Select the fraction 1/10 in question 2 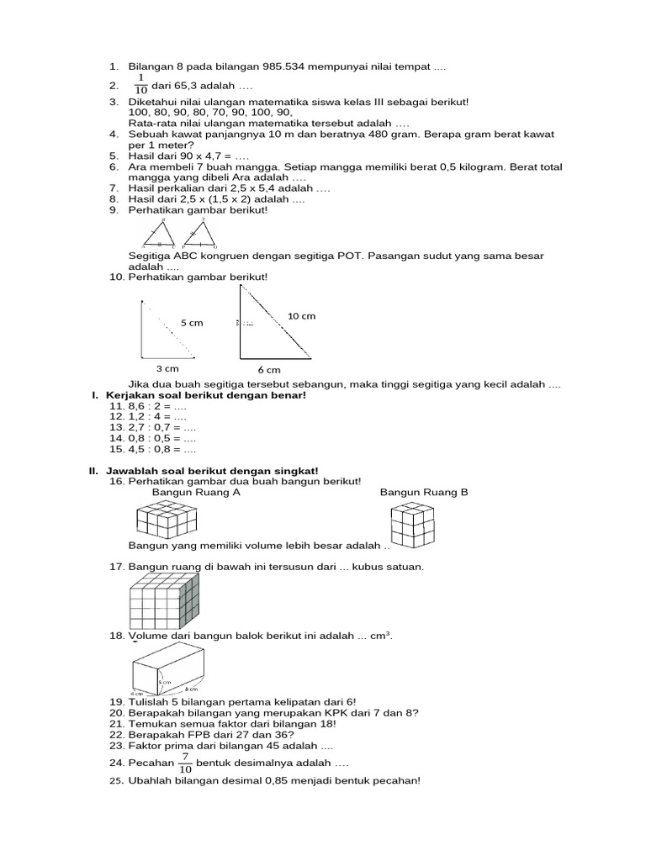[x=140, y=84]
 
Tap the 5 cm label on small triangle [x=192, y=322]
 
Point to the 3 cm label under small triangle [x=167, y=368]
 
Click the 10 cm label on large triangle [x=301, y=315]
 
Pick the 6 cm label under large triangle [x=269, y=369]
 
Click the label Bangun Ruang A [x=196, y=493]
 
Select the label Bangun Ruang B [x=424, y=493]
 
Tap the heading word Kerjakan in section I [x=131, y=395]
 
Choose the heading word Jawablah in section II [x=134, y=471]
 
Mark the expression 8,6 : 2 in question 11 [x=146, y=405]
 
